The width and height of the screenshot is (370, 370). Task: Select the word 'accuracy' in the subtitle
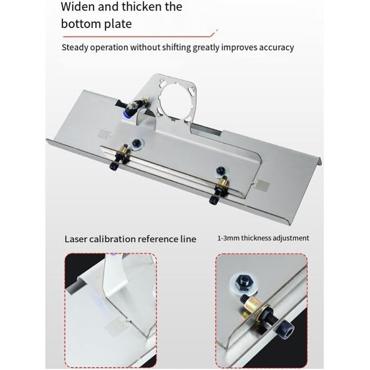click(x=276, y=48)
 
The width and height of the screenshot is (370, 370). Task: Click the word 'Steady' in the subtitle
click(x=75, y=48)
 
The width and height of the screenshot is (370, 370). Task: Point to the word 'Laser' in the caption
click(x=76, y=239)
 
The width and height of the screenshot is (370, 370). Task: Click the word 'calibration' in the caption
click(x=112, y=239)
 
